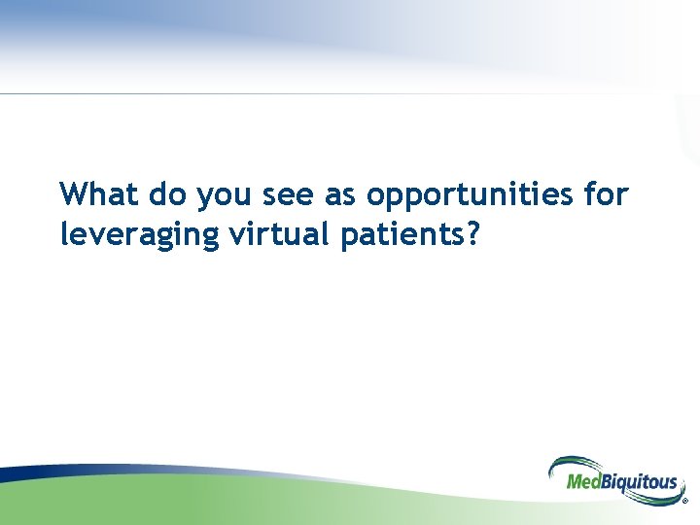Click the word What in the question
pyautogui.click(x=99, y=194)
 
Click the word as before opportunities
pyautogui.click(x=340, y=196)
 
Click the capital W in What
pyautogui.click(x=74, y=194)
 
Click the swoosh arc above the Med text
pyautogui.click(x=574, y=463)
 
